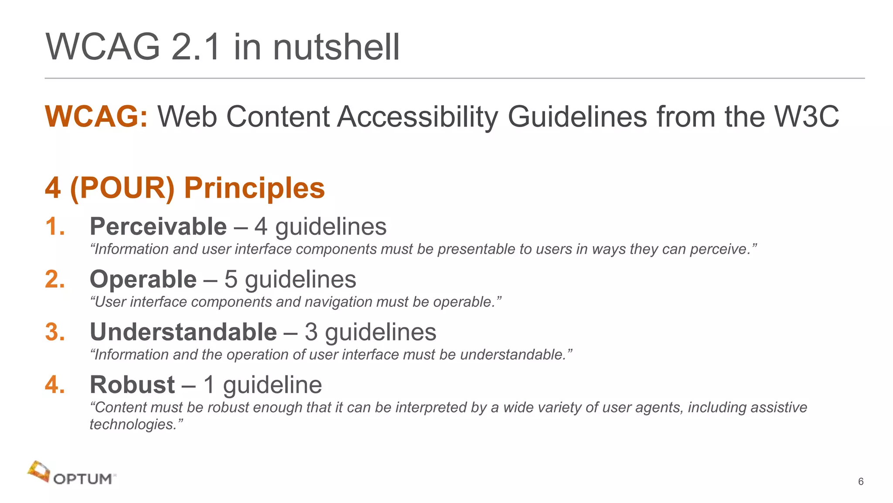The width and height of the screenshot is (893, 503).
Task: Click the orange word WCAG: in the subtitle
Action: [x=96, y=117]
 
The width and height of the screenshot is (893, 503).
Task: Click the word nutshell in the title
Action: [x=336, y=47]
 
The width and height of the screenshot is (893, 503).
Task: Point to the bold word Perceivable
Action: [x=158, y=227]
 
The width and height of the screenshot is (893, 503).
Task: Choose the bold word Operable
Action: [x=143, y=279]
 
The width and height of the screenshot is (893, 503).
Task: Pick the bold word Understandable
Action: [x=183, y=332]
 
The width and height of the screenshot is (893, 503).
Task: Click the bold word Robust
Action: [x=132, y=385]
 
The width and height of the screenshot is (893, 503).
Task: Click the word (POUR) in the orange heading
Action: [x=122, y=188]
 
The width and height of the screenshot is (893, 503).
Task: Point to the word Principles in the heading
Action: [x=254, y=188]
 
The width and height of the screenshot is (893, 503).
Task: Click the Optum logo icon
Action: [x=38, y=472]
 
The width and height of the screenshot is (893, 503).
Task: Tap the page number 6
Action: [x=861, y=482]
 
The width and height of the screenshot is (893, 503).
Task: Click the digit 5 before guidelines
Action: [x=231, y=279]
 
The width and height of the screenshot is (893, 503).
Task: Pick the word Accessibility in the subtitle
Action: [x=417, y=117]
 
